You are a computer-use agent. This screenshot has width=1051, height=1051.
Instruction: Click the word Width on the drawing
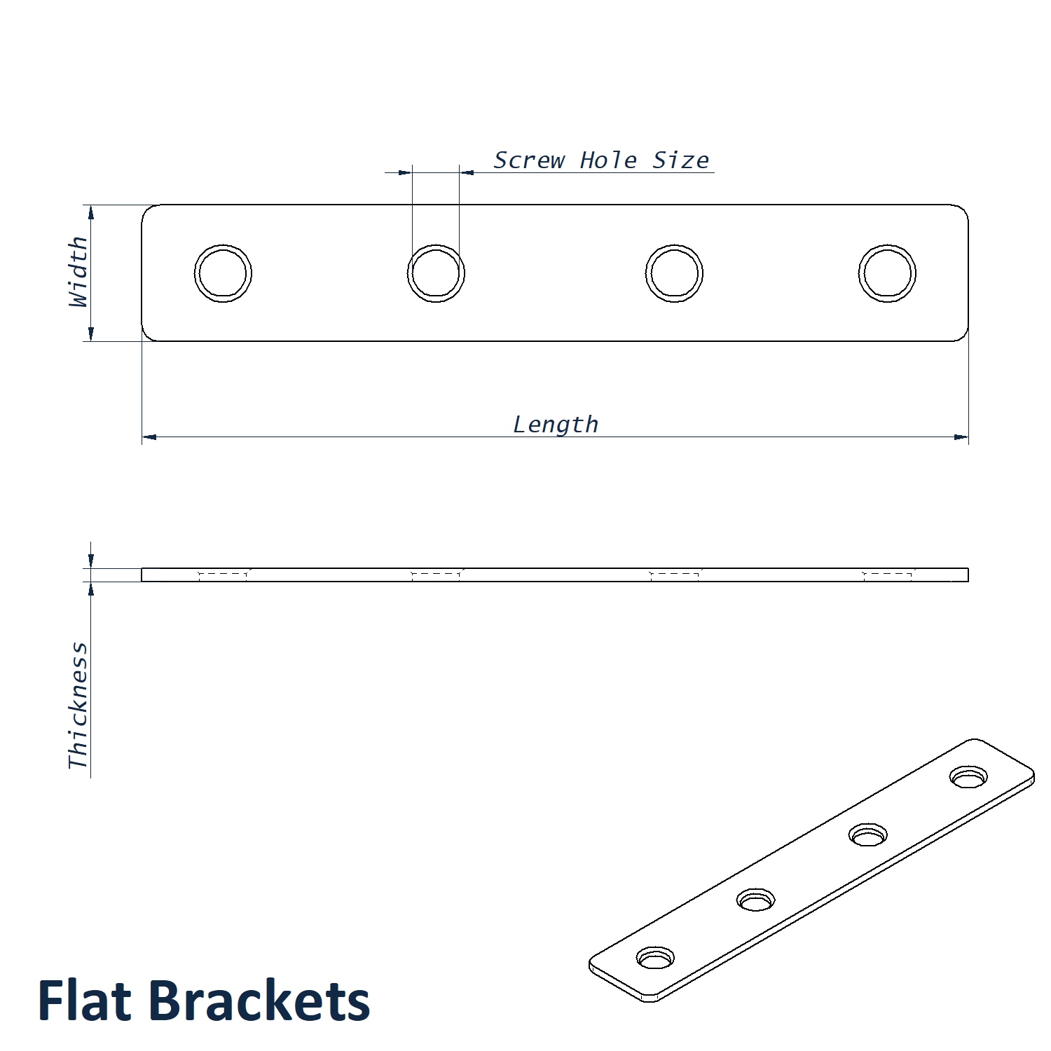point(78,272)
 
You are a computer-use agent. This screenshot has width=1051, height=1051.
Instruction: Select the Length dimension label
point(556,425)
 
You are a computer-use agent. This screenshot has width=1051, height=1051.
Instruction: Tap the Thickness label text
point(78,705)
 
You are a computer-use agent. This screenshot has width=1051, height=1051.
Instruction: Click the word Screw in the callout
point(529,160)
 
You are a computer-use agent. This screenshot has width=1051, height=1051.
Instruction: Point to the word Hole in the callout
point(608,160)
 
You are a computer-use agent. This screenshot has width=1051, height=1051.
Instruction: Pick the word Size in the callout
point(680,160)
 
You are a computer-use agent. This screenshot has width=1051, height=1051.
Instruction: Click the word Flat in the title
point(84,1001)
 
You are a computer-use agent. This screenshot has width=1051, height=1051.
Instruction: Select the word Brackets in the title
point(259,1001)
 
